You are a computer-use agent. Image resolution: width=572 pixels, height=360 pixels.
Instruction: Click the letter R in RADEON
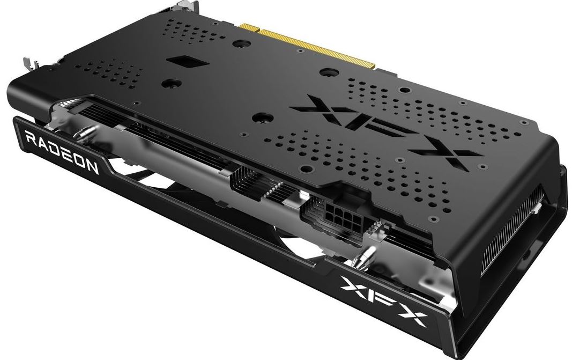32,139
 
